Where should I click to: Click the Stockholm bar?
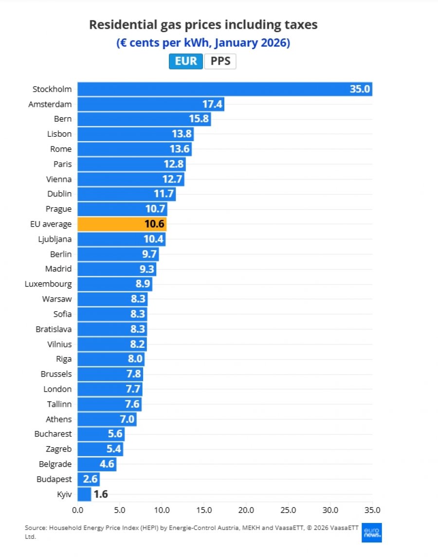click(x=225, y=89)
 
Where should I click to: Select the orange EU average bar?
click(x=122, y=224)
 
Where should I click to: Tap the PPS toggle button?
click(x=220, y=61)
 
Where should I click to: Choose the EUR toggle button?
click(x=185, y=61)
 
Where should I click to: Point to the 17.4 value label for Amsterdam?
click(x=212, y=104)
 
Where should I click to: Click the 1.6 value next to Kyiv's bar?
click(x=101, y=494)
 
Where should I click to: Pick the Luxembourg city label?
click(x=48, y=284)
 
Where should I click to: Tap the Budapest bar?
click(x=89, y=479)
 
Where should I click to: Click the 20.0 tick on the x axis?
click(x=246, y=510)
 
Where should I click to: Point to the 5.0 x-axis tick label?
click(x=119, y=510)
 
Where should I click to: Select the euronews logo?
click(x=371, y=533)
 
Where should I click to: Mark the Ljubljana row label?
click(x=55, y=239)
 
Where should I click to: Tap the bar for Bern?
click(x=144, y=119)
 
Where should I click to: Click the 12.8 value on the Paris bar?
click(x=173, y=164)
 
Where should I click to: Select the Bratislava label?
click(x=54, y=329)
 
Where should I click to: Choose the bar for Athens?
click(x=107, y=419)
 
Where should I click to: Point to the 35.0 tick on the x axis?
click(x=372, y=510)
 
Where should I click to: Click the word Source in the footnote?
click(x=35, y=528)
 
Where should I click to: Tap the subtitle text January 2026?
click(x=252, y=43)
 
